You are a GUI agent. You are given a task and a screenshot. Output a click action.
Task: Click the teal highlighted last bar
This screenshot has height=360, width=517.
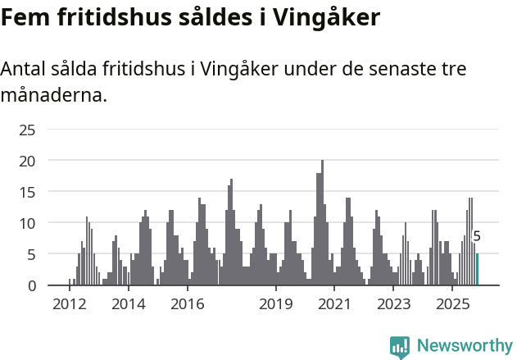point(477,270)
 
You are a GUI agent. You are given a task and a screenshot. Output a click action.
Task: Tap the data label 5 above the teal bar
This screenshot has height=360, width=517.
point(477,237)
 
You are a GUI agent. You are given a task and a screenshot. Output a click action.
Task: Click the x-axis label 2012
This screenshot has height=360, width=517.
point(69,304)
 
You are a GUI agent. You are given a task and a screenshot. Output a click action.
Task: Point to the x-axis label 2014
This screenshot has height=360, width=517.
point(128,304)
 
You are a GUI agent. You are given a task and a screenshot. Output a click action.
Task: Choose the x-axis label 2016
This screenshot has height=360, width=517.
point(187,304)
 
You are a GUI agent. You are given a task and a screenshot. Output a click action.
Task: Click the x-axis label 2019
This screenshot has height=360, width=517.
point(276,304)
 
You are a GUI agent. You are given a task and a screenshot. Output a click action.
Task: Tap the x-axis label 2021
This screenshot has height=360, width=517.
point(334,304)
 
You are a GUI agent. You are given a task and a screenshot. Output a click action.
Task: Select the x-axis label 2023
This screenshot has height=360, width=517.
point(393,304)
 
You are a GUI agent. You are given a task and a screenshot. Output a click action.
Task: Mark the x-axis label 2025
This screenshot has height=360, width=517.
point(452,304)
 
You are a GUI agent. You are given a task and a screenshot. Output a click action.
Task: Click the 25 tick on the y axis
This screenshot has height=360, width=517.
point(27,130)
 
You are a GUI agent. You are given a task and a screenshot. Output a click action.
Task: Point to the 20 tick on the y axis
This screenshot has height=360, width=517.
point(27,161)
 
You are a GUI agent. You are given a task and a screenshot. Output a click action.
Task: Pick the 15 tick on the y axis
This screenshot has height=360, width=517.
point(27,192)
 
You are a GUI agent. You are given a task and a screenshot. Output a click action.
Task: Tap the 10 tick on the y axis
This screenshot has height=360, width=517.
point(27,223)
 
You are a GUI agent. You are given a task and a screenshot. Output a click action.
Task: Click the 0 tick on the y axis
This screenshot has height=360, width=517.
point(32,285)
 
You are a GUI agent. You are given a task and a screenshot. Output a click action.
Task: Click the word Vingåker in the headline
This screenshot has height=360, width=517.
point(329,18)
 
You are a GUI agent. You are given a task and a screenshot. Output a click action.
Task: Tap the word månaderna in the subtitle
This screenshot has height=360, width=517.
point(52,95)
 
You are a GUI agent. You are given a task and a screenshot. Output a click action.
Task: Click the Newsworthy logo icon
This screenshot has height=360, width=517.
point(400,346)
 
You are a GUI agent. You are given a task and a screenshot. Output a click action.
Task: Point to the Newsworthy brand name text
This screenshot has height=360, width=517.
point(464,346)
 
